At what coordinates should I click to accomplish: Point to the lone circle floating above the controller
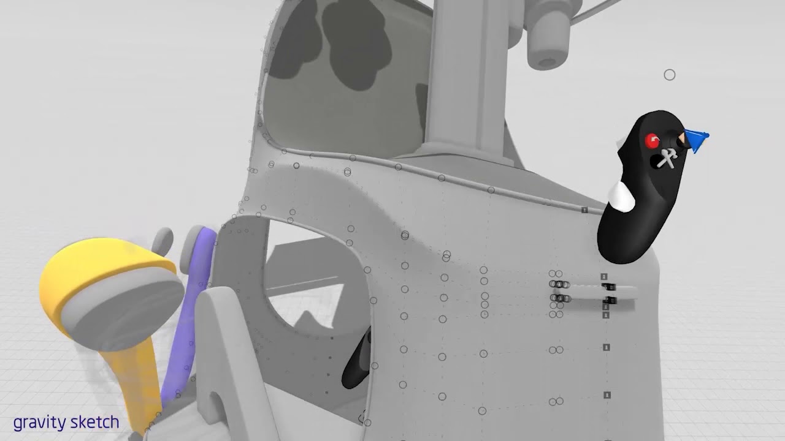pyautogui.click(x=670, y=75)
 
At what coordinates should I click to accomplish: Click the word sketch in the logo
pyautogui.click(x=95, y=422)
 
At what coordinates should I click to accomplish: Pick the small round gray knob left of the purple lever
pyautogui.click(x=163, y=241)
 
